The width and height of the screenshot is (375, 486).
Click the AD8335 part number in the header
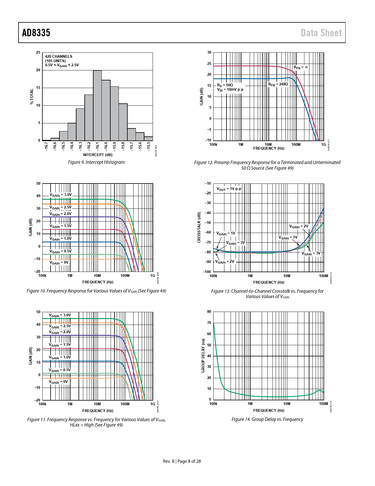pos(36,33)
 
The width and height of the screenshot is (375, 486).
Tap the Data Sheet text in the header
pos(321,33)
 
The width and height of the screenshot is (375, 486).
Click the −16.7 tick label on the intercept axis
pos(46,146)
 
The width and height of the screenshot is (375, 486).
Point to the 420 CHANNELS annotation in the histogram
pos(59,56)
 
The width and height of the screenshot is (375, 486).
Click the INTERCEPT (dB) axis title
pos(98,155)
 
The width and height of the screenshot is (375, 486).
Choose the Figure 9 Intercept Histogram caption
pos(96,162)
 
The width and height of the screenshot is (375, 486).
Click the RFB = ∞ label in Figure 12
pos(301,67)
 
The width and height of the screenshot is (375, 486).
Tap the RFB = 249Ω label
pos(278,84)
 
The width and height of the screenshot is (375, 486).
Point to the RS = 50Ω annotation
pos(225,85)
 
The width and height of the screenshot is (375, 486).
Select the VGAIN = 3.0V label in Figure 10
pos(60,195)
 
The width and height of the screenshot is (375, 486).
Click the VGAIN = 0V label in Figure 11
pos(58,382)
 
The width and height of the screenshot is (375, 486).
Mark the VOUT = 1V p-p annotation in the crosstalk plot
pos(229,189)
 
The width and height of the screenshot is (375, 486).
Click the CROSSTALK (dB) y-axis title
pos(199,227)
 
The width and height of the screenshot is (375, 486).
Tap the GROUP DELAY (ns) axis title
pos(203,356)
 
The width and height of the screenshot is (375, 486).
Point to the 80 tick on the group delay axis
pos(209,312)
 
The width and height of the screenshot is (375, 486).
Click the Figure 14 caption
pos(267,419)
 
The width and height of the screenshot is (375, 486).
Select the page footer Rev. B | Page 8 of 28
pos(182,461)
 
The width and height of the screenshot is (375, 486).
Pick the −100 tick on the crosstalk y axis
pos(207,272)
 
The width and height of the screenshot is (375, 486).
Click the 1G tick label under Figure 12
pos(324,145)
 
